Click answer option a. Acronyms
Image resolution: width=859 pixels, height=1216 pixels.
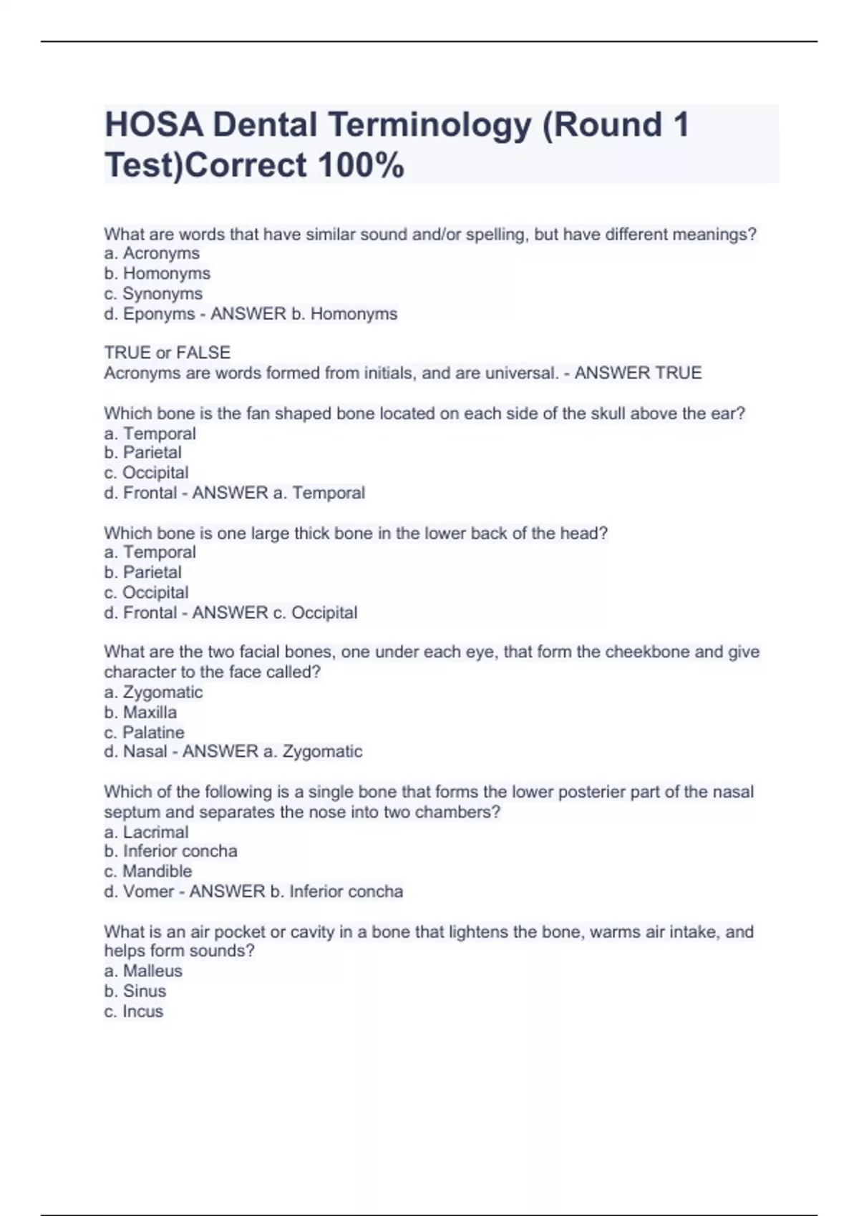coord(152,253)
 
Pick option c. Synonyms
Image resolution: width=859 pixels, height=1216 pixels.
coord(153,293)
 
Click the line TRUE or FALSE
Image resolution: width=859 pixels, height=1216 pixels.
coord(168,353)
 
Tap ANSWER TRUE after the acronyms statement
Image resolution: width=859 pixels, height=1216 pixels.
coord(638,373)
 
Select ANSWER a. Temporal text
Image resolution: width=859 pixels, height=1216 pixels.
coord(278,493)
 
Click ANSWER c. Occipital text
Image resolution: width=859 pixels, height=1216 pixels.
coord(275,612)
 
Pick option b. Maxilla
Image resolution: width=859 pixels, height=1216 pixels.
coord(140,712)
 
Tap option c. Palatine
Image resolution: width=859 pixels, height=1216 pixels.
coord(144,732)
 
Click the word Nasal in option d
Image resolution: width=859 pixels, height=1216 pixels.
coord(145,752)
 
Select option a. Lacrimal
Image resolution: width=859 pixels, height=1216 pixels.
coord(146,832)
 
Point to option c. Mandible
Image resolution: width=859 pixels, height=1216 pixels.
coord(148,871)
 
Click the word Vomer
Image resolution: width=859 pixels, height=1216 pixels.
coord(149,891)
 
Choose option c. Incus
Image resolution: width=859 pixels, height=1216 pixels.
coord(134,1011)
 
